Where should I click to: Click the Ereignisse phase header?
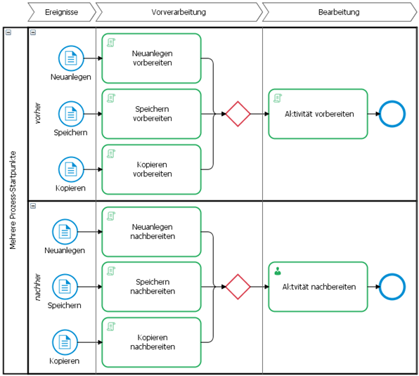pos(62,12)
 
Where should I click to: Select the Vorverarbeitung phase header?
pos(179,12)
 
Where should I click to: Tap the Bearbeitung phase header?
pos(339,12)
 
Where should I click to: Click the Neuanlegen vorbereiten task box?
pos(152,58)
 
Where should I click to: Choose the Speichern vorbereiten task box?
pos(152,114)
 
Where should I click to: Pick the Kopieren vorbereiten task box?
pos(152,169)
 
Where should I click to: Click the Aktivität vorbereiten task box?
pos(318,114)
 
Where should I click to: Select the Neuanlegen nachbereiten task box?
pos(152,232)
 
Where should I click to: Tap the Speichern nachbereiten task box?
pos(152,287)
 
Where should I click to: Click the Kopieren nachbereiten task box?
pos(152,342)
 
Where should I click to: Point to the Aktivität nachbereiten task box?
pos(318,287)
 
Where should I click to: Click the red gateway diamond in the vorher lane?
pos(238,114)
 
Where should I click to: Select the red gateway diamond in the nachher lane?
pos(238,287)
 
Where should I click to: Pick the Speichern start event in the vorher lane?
pos(71,114)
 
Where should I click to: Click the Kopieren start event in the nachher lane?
pos(65,342)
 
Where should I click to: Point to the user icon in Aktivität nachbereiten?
pos(278,271)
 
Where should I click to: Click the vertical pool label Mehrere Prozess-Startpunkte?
pos(13,200)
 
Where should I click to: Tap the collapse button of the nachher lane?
pos(33,206)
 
